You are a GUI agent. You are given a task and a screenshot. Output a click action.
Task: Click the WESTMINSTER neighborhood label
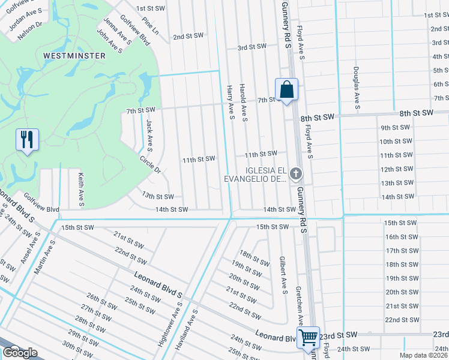[x=74, y=56]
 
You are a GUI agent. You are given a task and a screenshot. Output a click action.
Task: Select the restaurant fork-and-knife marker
[x=27, y=140]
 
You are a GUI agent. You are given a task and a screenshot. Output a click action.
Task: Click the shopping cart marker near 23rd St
[x=308, y=337]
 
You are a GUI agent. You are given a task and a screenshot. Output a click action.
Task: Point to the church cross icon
[x=295, y=174]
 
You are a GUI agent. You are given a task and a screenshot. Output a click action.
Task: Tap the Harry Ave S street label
[x=230, y=101]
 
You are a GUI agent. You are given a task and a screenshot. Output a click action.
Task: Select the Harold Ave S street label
[x=244, y=102]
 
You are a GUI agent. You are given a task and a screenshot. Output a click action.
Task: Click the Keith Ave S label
[x=80, y=187]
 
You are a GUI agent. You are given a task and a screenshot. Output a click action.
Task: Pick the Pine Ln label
[x=151, y=25]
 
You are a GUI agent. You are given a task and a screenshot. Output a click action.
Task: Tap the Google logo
[x=20, y=353]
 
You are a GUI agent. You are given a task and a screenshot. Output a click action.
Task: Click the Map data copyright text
[x=424, y=355]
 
